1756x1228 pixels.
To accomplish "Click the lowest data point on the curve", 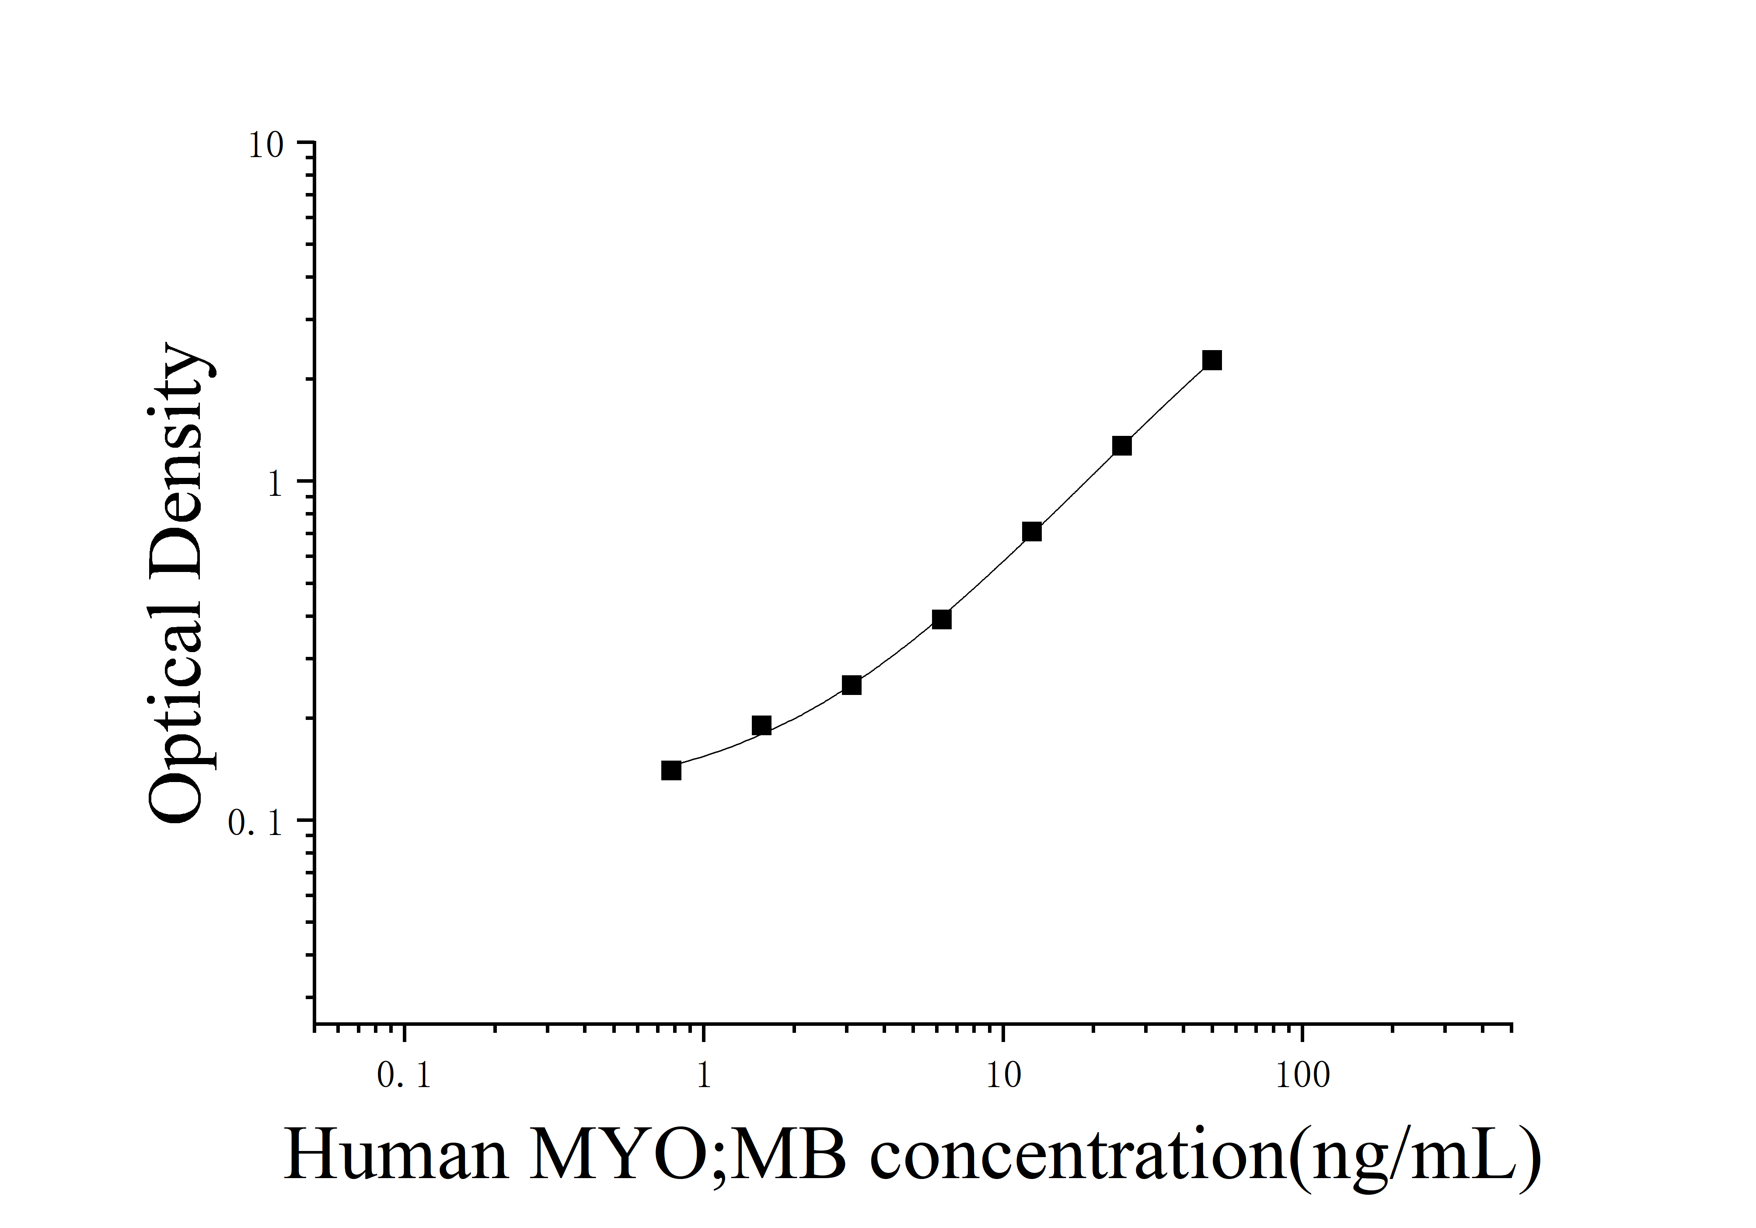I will click(671, 770).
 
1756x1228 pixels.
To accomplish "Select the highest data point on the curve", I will click(1211, 360).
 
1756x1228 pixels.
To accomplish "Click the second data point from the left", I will click(761, 725).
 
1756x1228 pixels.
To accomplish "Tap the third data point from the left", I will click(851, 685).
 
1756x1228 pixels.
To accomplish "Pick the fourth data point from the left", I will click(942, 619).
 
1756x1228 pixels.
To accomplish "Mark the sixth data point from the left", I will click(1121, 446).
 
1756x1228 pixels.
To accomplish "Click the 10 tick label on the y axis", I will click(265, 145).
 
